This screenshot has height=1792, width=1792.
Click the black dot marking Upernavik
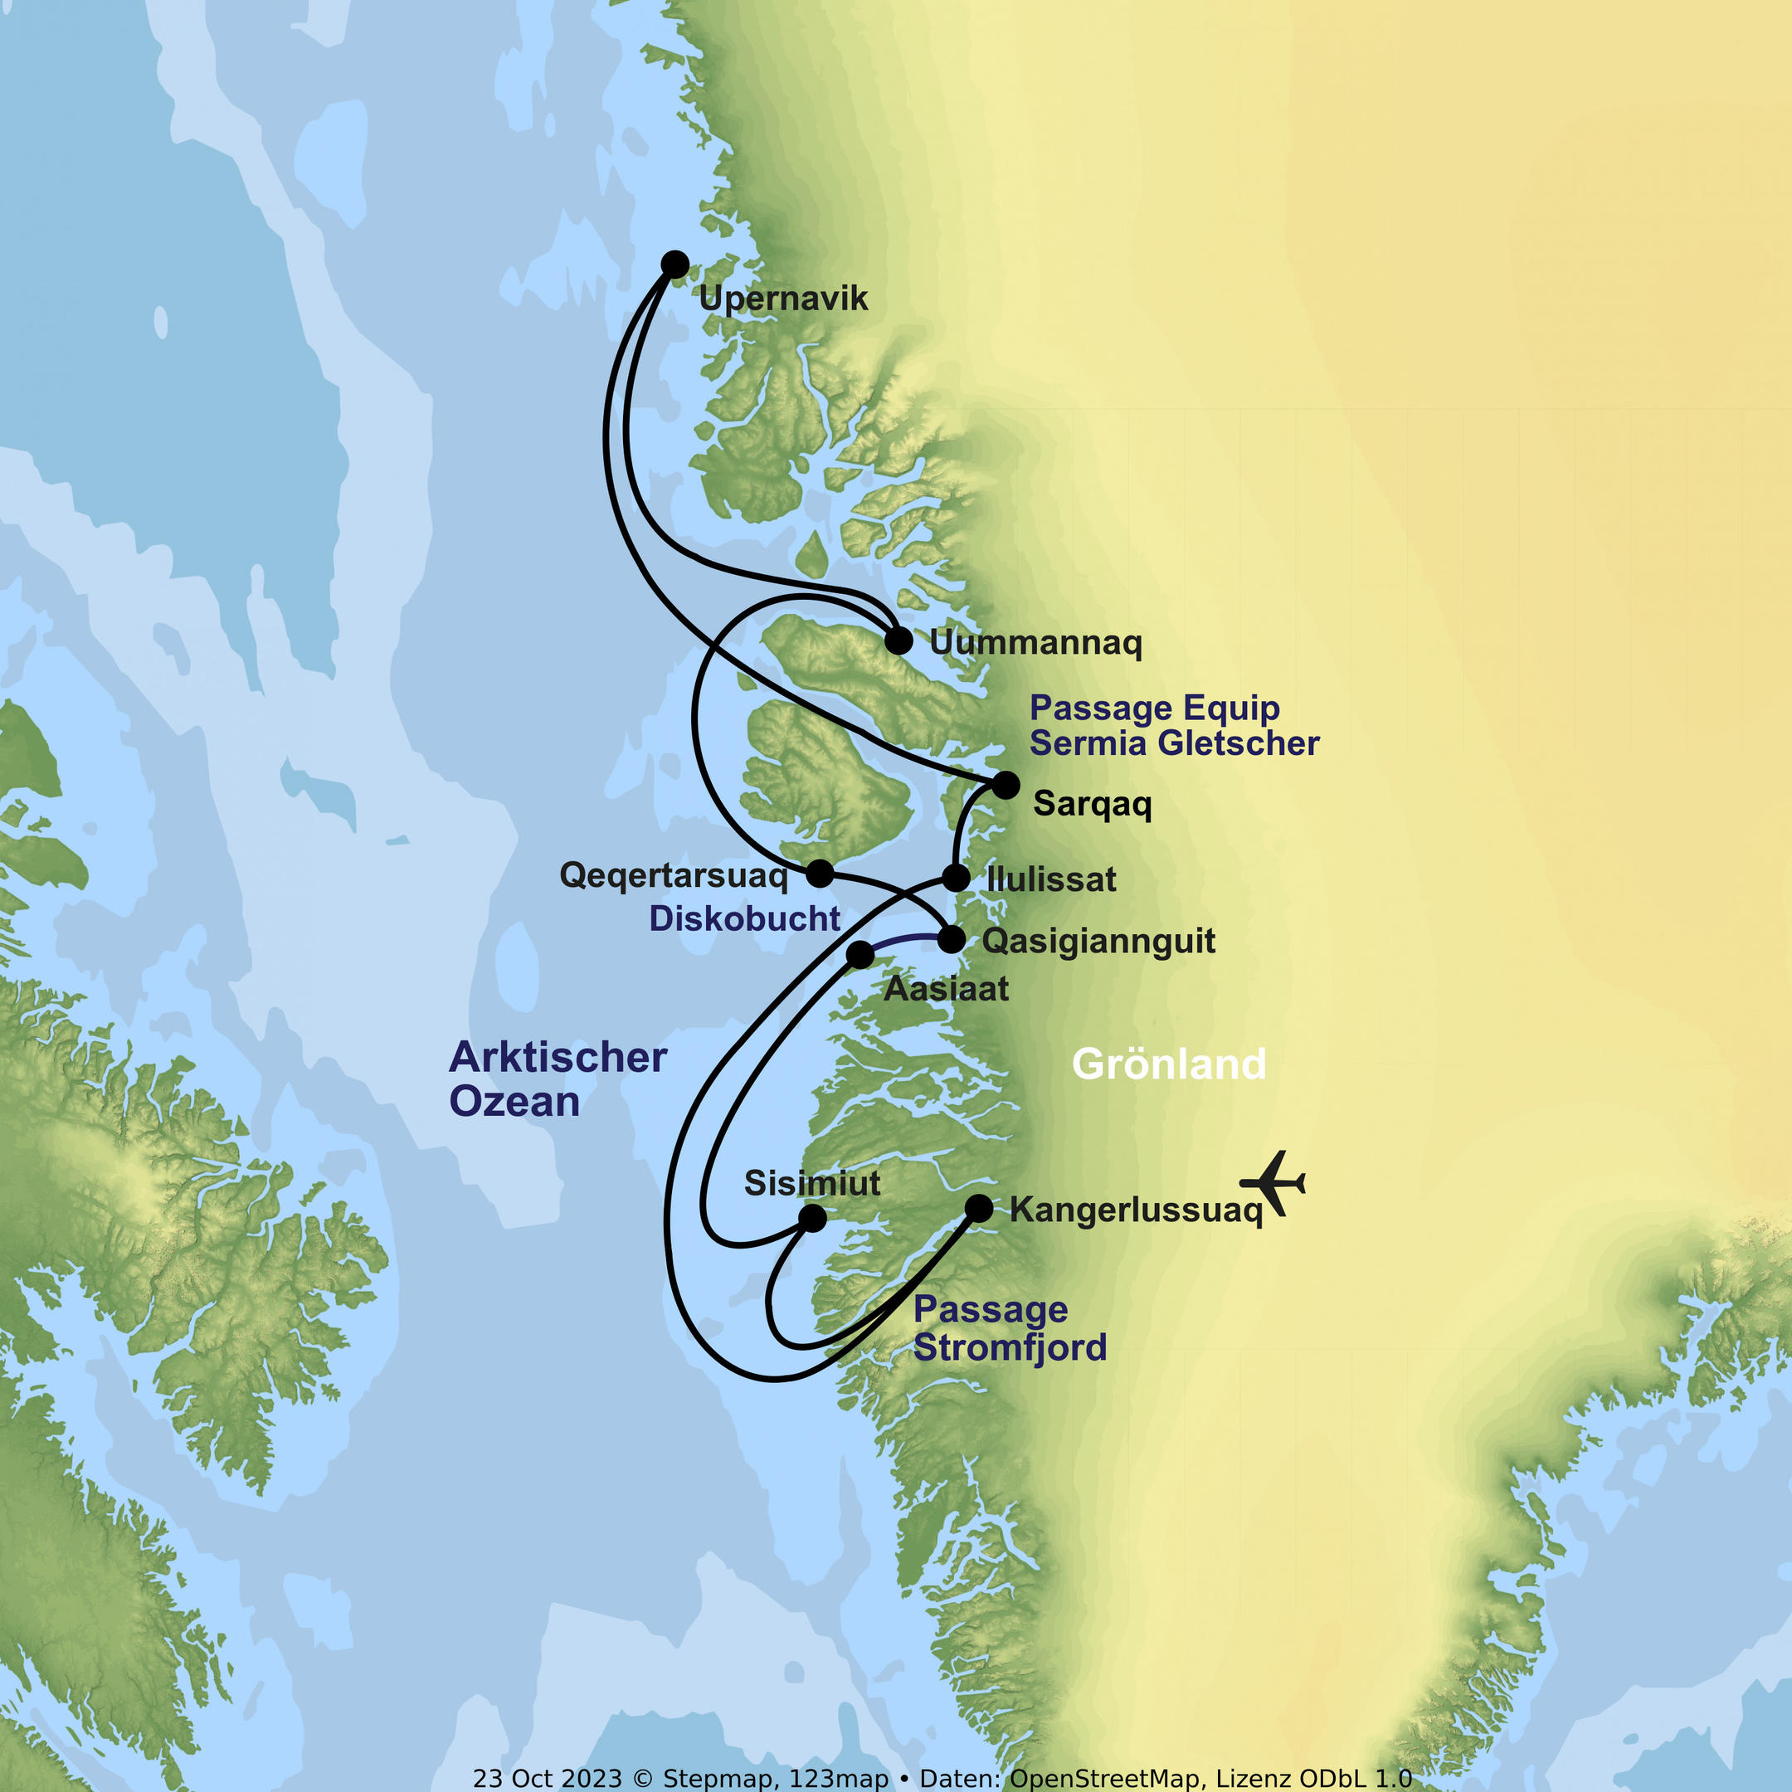pyautogui.click(x=675, y=265)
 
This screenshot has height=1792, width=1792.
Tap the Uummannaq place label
pyautogui.click(x=1035, y=643)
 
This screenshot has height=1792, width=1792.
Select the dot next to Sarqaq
pyautogui.click(x=1006, y=785)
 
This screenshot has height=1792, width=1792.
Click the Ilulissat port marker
pyautogui.click(x=957, y=878)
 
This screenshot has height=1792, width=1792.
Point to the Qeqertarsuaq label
pyautogui.click(x=674, y=875)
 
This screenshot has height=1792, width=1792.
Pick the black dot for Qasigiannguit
pyautogui.click(x=952, y=940)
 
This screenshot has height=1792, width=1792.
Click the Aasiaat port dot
pyautogui.click(x=859, y=954)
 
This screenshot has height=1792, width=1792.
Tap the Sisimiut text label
pyautogui.click(x=811, y=1184)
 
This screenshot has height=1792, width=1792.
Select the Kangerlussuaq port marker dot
pyautogui.click(x=979, y=1209)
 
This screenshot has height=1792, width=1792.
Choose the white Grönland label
pyautogui.click(x=1169, y=1064)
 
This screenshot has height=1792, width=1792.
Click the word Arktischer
pyautogui.click(x=558, y=1058)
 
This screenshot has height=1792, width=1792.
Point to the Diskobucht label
pyautogui.click(x=744, y=918)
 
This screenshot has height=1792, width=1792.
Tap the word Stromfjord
pyautogui.click(x=1010, y=1347)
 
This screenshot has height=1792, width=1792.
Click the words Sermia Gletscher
pyautogui.click(x=1174, y=743)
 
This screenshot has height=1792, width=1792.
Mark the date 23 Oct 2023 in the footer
pyautogui.click(x=548, y=1778)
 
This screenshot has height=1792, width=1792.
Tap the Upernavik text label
pyautogui.click(x=783, y=299)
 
